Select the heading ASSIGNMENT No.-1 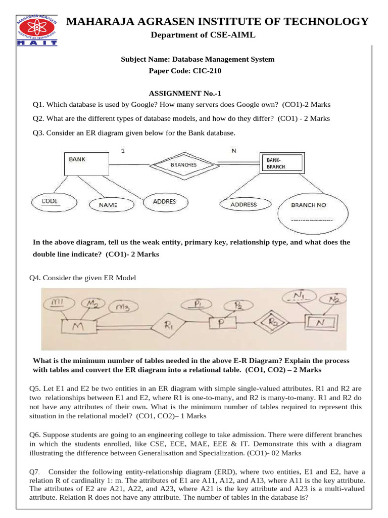point(185,94)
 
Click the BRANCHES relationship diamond point(183,164)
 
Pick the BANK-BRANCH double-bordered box point(281,163)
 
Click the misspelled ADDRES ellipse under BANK point(164,202)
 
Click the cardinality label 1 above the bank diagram point(123,150)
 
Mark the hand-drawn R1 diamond point(169,326)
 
